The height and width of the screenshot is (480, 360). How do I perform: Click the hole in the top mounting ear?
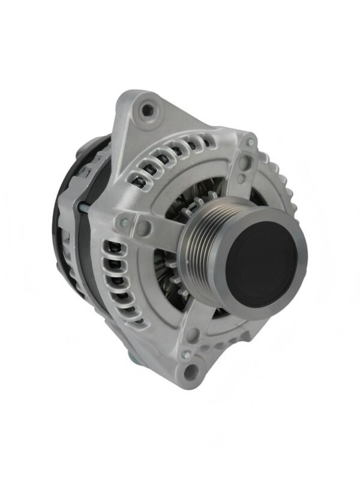click(145, 110)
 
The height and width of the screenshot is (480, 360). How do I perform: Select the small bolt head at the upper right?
click(250, 142)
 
